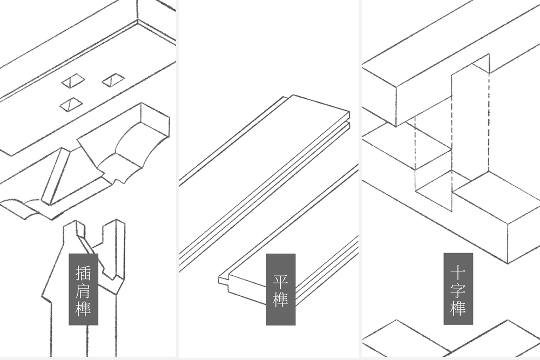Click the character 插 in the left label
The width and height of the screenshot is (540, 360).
tap(83, 271)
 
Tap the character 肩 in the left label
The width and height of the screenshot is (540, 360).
tap(83, 290)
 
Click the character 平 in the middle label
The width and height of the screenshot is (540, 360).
tap(280, 281)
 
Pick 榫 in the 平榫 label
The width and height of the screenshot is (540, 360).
tap(280, 299)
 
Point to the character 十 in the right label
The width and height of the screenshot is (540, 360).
tap(458, 271)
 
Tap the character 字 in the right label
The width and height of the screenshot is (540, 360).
tap(458, 290)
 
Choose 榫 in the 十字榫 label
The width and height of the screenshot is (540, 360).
tap(458, 308)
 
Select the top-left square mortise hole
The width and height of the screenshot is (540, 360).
tap(72, 81)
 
